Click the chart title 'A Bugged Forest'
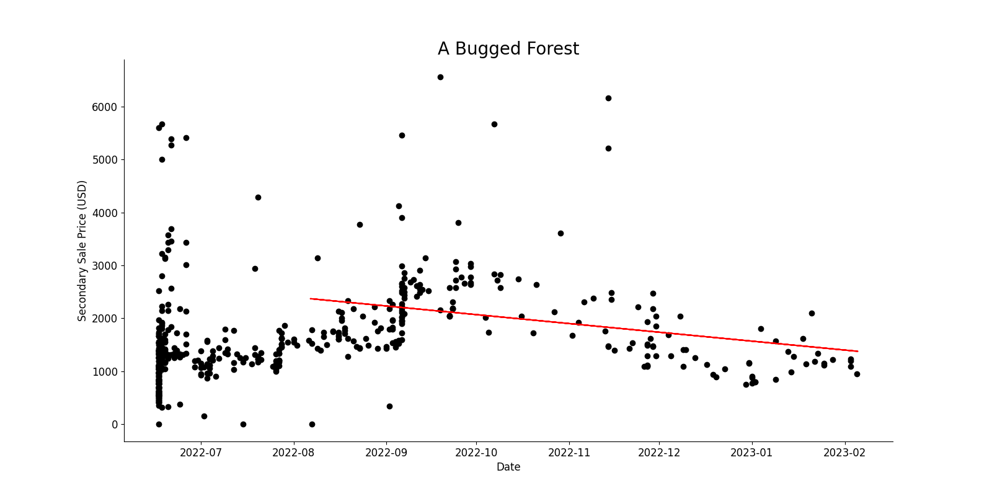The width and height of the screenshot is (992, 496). coord(508,49)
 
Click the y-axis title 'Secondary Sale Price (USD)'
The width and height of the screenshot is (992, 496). coord(82,250)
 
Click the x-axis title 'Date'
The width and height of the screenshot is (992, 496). coord(508,467)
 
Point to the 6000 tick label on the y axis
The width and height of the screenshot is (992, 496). coord(105,107)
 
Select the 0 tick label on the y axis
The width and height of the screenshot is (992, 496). coord(115,425)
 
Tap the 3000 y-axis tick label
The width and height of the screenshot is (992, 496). coord(105,265)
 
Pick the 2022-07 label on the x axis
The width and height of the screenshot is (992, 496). coord(201,453)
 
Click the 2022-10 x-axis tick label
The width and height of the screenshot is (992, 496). coord(476,453)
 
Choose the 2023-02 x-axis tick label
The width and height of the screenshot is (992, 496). coord(844,453)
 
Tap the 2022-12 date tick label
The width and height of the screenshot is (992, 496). coord(659,453)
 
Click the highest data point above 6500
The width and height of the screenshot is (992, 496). coord(440,77)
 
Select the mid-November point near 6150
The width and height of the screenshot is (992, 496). coord(608,98)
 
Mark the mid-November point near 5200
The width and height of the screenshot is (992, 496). coord(608,148)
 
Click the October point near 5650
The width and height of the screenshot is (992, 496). coord(494,124)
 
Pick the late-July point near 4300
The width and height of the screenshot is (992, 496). coord(258,197)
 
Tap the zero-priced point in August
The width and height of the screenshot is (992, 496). coord(312,424)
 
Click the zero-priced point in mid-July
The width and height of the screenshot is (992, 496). coord(243,424)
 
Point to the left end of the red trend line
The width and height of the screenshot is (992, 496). coord(311,299)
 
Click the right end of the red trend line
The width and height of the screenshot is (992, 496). coord(857,351)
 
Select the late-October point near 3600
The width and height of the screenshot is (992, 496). coord(560,233)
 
